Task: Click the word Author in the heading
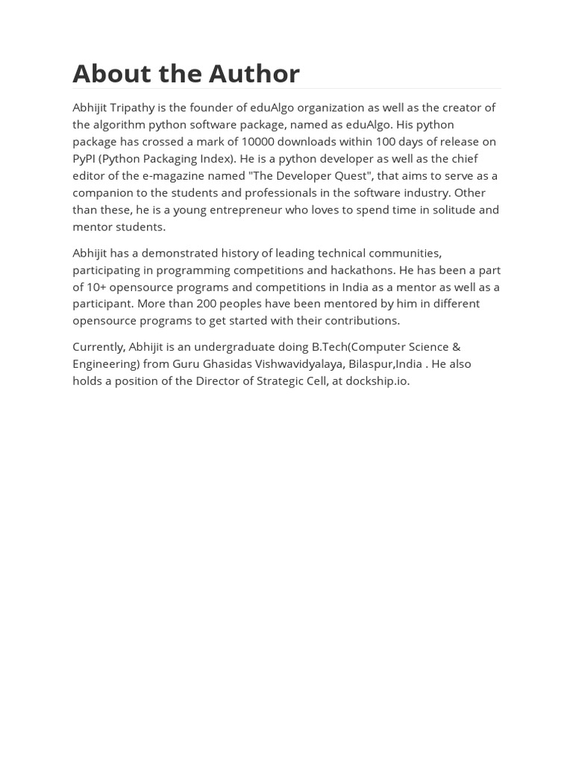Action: pyautogui.click(x=254, y=73)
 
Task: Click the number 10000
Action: pyautogui.click(x=257, y=142)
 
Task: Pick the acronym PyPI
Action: pyautogui.click(x=84, y=159)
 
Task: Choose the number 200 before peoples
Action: pyautogui.click(x=206, y=304)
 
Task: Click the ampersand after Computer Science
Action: pyautogui.click(x=456, y=347)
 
